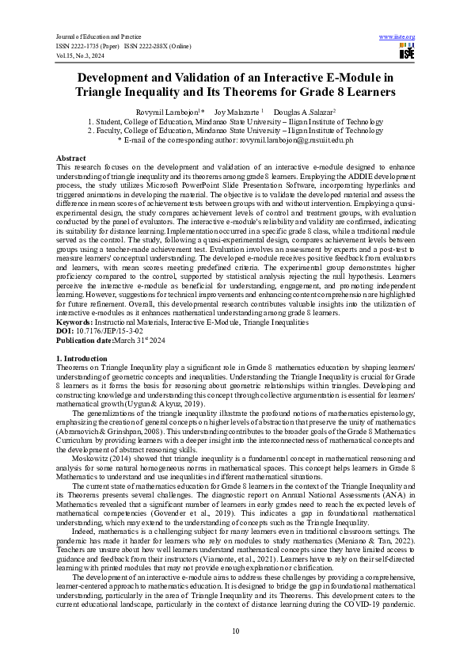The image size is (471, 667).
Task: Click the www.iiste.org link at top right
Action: pos(397,37)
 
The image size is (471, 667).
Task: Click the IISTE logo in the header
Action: pos(406,51)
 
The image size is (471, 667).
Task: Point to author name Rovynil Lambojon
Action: pos(172,112)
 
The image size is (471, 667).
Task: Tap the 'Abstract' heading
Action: pos(71,158)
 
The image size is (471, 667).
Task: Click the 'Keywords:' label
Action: pos(75,322)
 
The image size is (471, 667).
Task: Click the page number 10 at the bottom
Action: pos(235,630)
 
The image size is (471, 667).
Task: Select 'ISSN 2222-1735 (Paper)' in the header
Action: pos(88,47)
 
